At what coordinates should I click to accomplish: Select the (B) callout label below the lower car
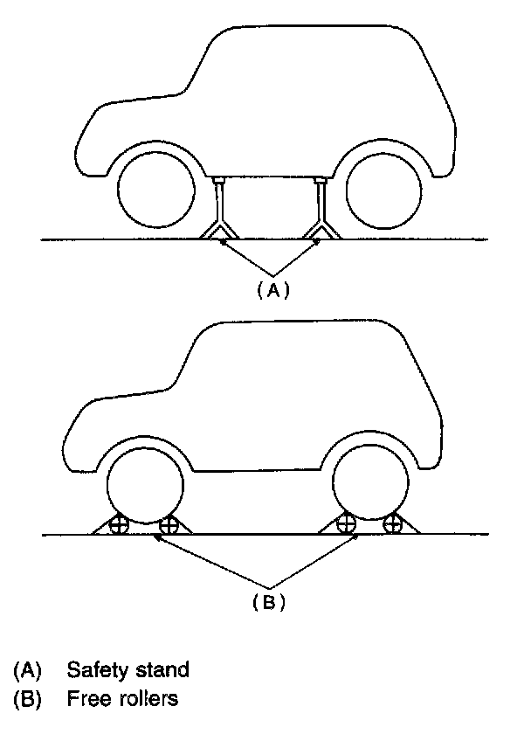tap(270, 601)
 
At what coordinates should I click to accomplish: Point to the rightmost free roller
tap(394, 524)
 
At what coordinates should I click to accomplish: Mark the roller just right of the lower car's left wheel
tap(169, 525)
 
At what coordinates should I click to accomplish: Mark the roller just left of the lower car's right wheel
tap(347, 524)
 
